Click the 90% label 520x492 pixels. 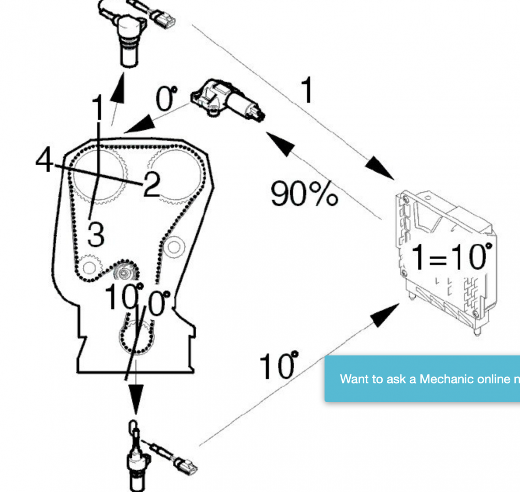click(x=304, y=193)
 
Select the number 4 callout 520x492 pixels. click(x=44, y=160)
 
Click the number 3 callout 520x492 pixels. click(x=96, y=234)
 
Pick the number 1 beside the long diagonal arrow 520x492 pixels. click(x=307, y=90)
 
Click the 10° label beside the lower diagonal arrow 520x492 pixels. click(x=279, y=366)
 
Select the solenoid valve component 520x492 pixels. click(x=228, y=100)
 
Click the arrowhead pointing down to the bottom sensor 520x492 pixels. click(x=136, y=399)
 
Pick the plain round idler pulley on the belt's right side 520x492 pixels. click(x=174, y=248)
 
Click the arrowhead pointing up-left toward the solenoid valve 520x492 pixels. click(x=280, y=144)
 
